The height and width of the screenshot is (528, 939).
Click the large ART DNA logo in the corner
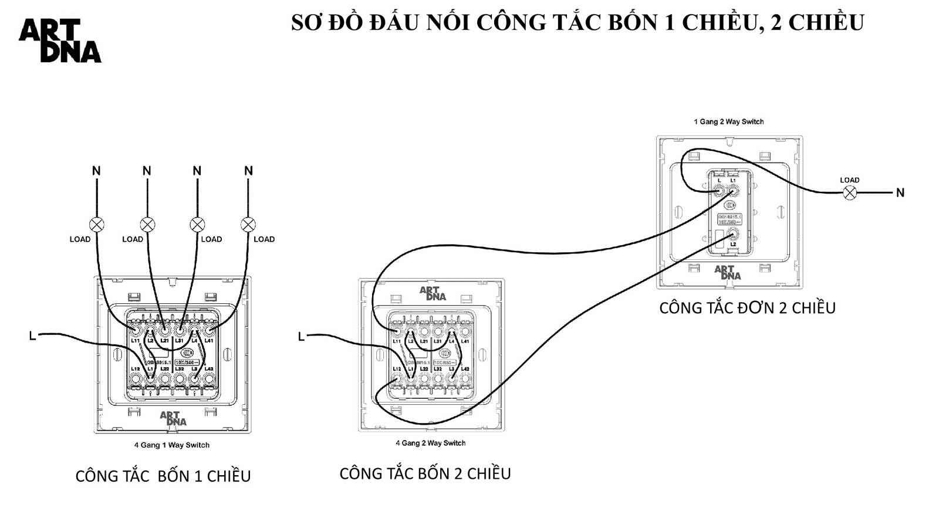[60, 40]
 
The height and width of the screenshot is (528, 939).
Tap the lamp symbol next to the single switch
[849, 192]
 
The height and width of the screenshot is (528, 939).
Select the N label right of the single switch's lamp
[900, 192]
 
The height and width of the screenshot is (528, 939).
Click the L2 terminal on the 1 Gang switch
[733, 234]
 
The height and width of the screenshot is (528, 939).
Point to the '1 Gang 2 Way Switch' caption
[729, 122]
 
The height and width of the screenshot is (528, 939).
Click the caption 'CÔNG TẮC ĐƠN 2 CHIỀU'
[747, 308]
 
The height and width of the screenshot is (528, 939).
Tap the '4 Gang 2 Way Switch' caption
[430, 444]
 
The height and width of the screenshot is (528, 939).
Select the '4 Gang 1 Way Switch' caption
[171, 445]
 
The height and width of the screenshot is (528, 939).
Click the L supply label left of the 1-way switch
[32, 336]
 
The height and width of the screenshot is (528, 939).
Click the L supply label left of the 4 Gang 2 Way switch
[301, 337]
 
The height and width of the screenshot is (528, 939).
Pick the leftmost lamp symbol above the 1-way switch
[97, 224]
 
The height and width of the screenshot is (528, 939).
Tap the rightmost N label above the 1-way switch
[248, 171]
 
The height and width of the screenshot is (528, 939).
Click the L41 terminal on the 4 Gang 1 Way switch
[208, 331]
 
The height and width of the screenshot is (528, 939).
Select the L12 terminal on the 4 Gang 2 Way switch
[397, 379]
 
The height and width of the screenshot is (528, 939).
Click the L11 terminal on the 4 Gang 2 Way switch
[397, 332]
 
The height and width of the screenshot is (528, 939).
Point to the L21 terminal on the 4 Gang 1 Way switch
[165, 331]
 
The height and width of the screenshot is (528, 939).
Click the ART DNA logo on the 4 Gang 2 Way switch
[433, 293]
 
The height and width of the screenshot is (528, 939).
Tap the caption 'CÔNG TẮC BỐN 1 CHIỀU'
[163, 476]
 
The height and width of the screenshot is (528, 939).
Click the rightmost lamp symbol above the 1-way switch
[248, 224]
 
